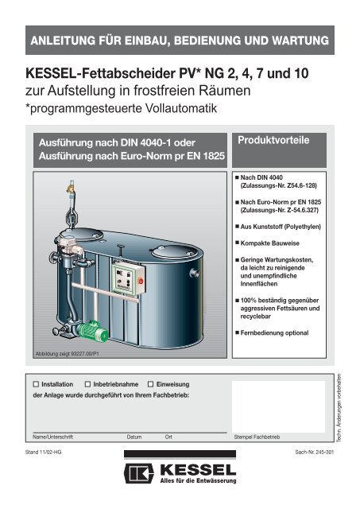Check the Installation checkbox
(35, 383)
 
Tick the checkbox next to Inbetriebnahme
(87, 383)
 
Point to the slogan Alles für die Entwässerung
(197, 482)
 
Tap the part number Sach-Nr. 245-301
(314, 451)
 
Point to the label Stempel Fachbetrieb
(257, 437)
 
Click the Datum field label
(134, 437)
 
